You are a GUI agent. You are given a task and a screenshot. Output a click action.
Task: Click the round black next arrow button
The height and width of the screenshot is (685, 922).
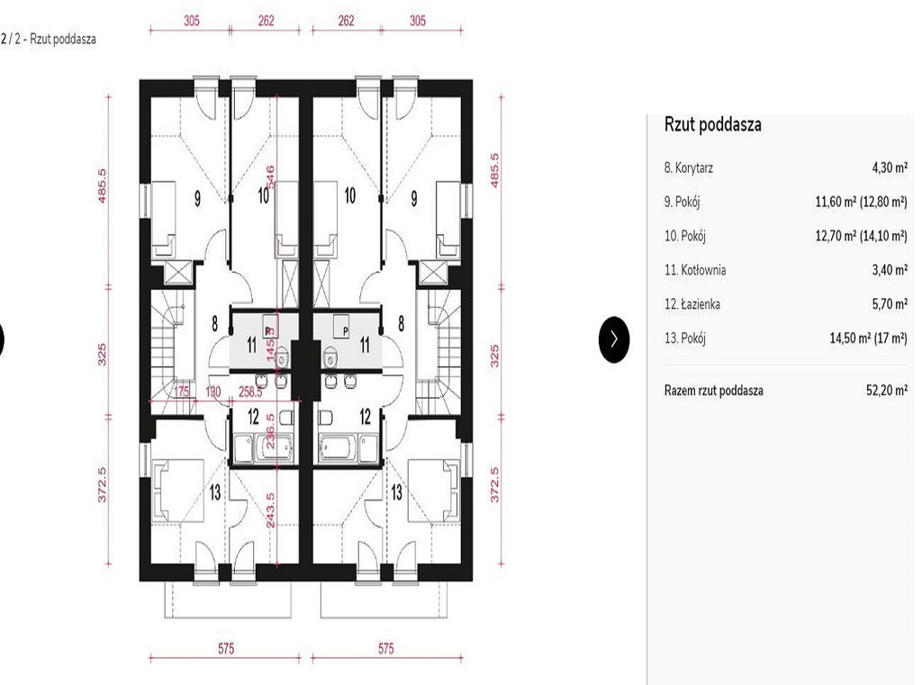614,339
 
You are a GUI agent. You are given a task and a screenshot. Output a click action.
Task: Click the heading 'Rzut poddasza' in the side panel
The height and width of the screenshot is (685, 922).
713,124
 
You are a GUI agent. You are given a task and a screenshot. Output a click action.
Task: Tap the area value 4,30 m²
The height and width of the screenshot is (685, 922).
889,167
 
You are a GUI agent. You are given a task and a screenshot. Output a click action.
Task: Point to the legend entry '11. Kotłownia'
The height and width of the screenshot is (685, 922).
695,270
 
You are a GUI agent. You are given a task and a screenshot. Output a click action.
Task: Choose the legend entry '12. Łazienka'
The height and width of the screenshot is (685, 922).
692,304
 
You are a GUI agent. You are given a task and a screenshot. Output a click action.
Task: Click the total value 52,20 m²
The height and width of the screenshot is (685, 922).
886,390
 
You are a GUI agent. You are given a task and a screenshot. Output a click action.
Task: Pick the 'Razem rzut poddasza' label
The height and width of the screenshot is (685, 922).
713,391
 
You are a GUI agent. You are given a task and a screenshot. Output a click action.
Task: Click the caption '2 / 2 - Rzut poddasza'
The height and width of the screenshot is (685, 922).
49,40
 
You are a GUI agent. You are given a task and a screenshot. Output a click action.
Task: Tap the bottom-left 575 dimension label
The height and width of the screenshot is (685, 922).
226,648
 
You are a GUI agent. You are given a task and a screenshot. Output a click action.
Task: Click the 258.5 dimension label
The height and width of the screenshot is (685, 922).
250,392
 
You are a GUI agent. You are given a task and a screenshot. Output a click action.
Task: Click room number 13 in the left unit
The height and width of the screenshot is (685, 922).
214,491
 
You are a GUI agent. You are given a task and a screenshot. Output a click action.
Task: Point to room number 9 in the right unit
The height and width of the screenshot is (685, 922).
414,198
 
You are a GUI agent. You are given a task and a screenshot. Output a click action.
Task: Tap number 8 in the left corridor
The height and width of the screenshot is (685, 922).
214,323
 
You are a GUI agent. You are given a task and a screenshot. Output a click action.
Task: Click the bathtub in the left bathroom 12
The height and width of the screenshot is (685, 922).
273,448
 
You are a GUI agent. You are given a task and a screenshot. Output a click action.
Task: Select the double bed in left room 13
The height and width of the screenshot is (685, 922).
178,491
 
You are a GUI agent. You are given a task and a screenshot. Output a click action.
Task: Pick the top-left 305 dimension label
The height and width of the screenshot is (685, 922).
191,21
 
